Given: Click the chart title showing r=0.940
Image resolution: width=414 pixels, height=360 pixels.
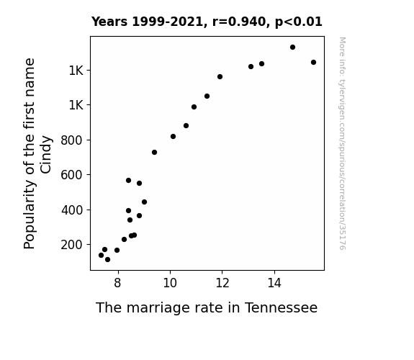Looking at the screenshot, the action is click(207, 22).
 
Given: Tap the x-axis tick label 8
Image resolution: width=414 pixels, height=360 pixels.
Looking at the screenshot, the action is click(118, 283).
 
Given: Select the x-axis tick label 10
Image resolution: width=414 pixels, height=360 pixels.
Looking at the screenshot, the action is click(170, 283).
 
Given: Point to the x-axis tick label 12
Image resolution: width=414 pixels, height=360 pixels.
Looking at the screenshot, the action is click(222, 283).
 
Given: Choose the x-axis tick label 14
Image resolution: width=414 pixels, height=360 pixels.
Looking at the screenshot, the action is click(274, 283).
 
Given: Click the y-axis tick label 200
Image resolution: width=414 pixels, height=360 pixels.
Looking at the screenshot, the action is click(72, 245).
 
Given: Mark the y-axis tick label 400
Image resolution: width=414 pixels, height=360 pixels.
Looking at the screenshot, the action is click(72, 210).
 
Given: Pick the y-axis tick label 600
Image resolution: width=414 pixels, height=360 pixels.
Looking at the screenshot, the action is click(72, 175).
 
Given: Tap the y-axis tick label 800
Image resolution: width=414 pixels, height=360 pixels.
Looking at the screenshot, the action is click(72, 140).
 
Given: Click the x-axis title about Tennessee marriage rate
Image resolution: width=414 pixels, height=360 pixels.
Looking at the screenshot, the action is click(207, 308).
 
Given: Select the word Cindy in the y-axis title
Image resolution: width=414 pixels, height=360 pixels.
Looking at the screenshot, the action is click(46, 155).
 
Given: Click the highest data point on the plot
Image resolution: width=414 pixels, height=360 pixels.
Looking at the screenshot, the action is click(292, 48).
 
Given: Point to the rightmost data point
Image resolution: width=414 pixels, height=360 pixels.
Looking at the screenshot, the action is click(313, 63).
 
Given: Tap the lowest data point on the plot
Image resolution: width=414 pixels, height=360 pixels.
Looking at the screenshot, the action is click(107, 260).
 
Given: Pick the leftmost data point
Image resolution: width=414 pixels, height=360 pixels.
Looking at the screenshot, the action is click(101, 255).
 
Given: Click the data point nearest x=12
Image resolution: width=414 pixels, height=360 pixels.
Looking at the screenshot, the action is click(220, 77).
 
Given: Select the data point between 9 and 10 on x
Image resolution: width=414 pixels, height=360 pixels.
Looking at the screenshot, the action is click(155, 153).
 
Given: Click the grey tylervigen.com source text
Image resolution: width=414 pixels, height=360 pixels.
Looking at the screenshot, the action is click(342, 143).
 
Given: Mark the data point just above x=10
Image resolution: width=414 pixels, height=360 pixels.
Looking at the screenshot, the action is click(174, 137).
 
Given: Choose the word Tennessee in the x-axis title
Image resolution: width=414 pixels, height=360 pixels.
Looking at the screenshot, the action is click(282, 308).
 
